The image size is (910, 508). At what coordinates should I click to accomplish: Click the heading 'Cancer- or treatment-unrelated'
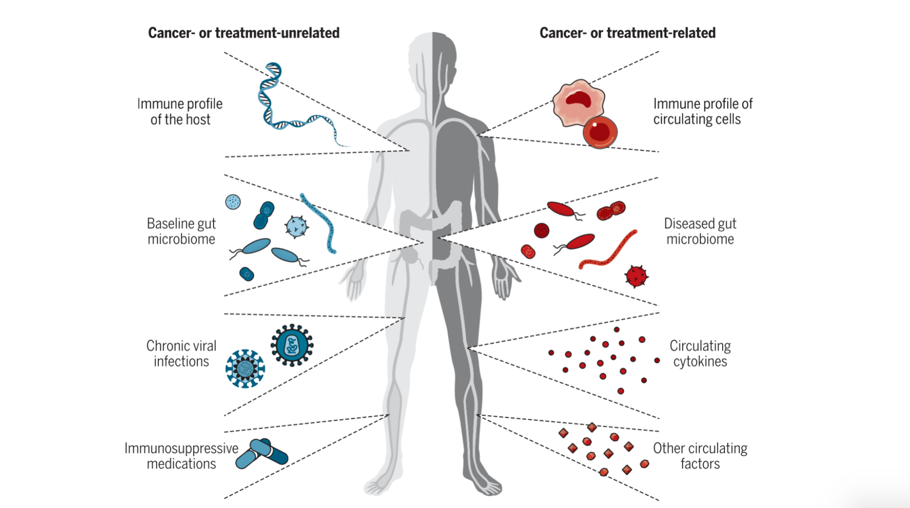click(243, 33)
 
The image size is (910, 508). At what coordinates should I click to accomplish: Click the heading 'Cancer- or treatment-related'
click(627, 33)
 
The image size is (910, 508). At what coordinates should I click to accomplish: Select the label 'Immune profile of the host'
click(180, 111)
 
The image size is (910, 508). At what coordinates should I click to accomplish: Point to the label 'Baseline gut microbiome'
click(181, 231)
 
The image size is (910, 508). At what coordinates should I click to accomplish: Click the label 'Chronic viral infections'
click(181, 353)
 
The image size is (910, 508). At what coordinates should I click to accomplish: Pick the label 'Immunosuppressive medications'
click(181, 456)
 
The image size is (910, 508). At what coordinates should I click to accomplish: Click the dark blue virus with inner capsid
click(292, 345)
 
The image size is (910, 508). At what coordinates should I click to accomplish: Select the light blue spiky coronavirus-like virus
click(245, 368)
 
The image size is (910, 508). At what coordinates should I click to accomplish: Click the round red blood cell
click(600, 132)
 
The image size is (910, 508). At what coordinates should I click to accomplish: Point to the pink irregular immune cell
click(578, 102)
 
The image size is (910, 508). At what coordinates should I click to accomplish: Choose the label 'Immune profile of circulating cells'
click(702, 111)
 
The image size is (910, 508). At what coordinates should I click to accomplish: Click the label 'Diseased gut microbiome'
click(700, 231)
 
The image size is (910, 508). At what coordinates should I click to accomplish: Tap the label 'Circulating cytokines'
click(700, 353)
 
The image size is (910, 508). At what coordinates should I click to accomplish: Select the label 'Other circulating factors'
click(700, 456)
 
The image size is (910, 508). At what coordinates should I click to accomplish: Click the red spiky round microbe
click(636, 276)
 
